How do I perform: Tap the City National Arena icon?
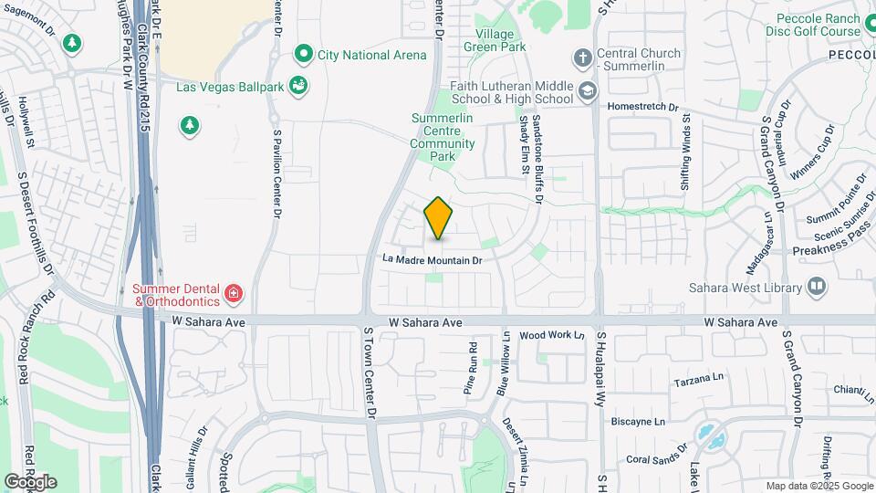pos(303,55)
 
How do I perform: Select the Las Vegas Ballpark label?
pos(230,88)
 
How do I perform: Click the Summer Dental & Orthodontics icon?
pos(235,293)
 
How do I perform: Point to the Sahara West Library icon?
pos(817,288)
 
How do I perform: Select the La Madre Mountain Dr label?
pos(432,260)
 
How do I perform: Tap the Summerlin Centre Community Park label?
pos(443,137)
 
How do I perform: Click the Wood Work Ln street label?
pos(551,336)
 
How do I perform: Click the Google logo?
pos(30,481)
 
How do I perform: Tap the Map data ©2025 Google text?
pos(819,486)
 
